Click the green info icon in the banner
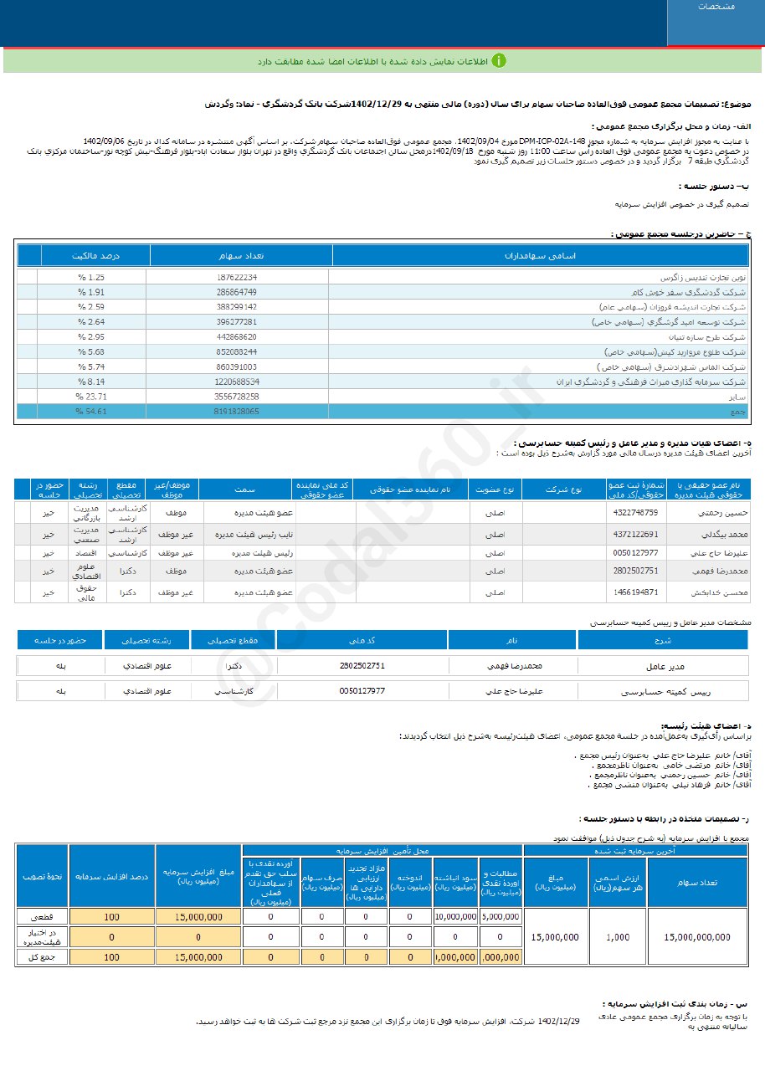499,61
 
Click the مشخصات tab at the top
716,7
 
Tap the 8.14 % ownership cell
91,382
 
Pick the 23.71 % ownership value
91,397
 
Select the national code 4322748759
635,512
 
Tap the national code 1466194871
635,592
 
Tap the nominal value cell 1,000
618,937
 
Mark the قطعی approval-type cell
42,916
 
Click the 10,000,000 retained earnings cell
455,916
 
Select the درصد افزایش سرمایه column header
111,876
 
